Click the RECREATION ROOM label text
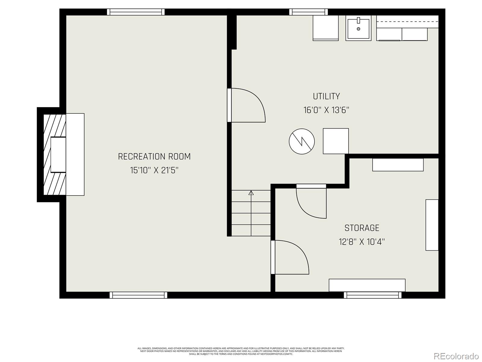click(x=154, y=157)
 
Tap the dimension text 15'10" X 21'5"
click(x=154, y=170)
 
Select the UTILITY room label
click(x=326, y=97)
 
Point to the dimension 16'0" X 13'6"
click(x=326, y=110)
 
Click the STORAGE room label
click(x=362, y=228)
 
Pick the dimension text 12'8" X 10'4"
click(x=362, y=242)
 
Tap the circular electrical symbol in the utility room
click(x=302, y=141)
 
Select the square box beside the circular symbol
click(x=336, y=141)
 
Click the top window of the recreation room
click(x=136, y=12)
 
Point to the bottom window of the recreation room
click(x=138, y=295)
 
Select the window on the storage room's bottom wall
click(x=372, y=295)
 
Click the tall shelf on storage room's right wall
click(x=432, y=225)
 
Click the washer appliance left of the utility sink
click(x=325, y=28)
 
